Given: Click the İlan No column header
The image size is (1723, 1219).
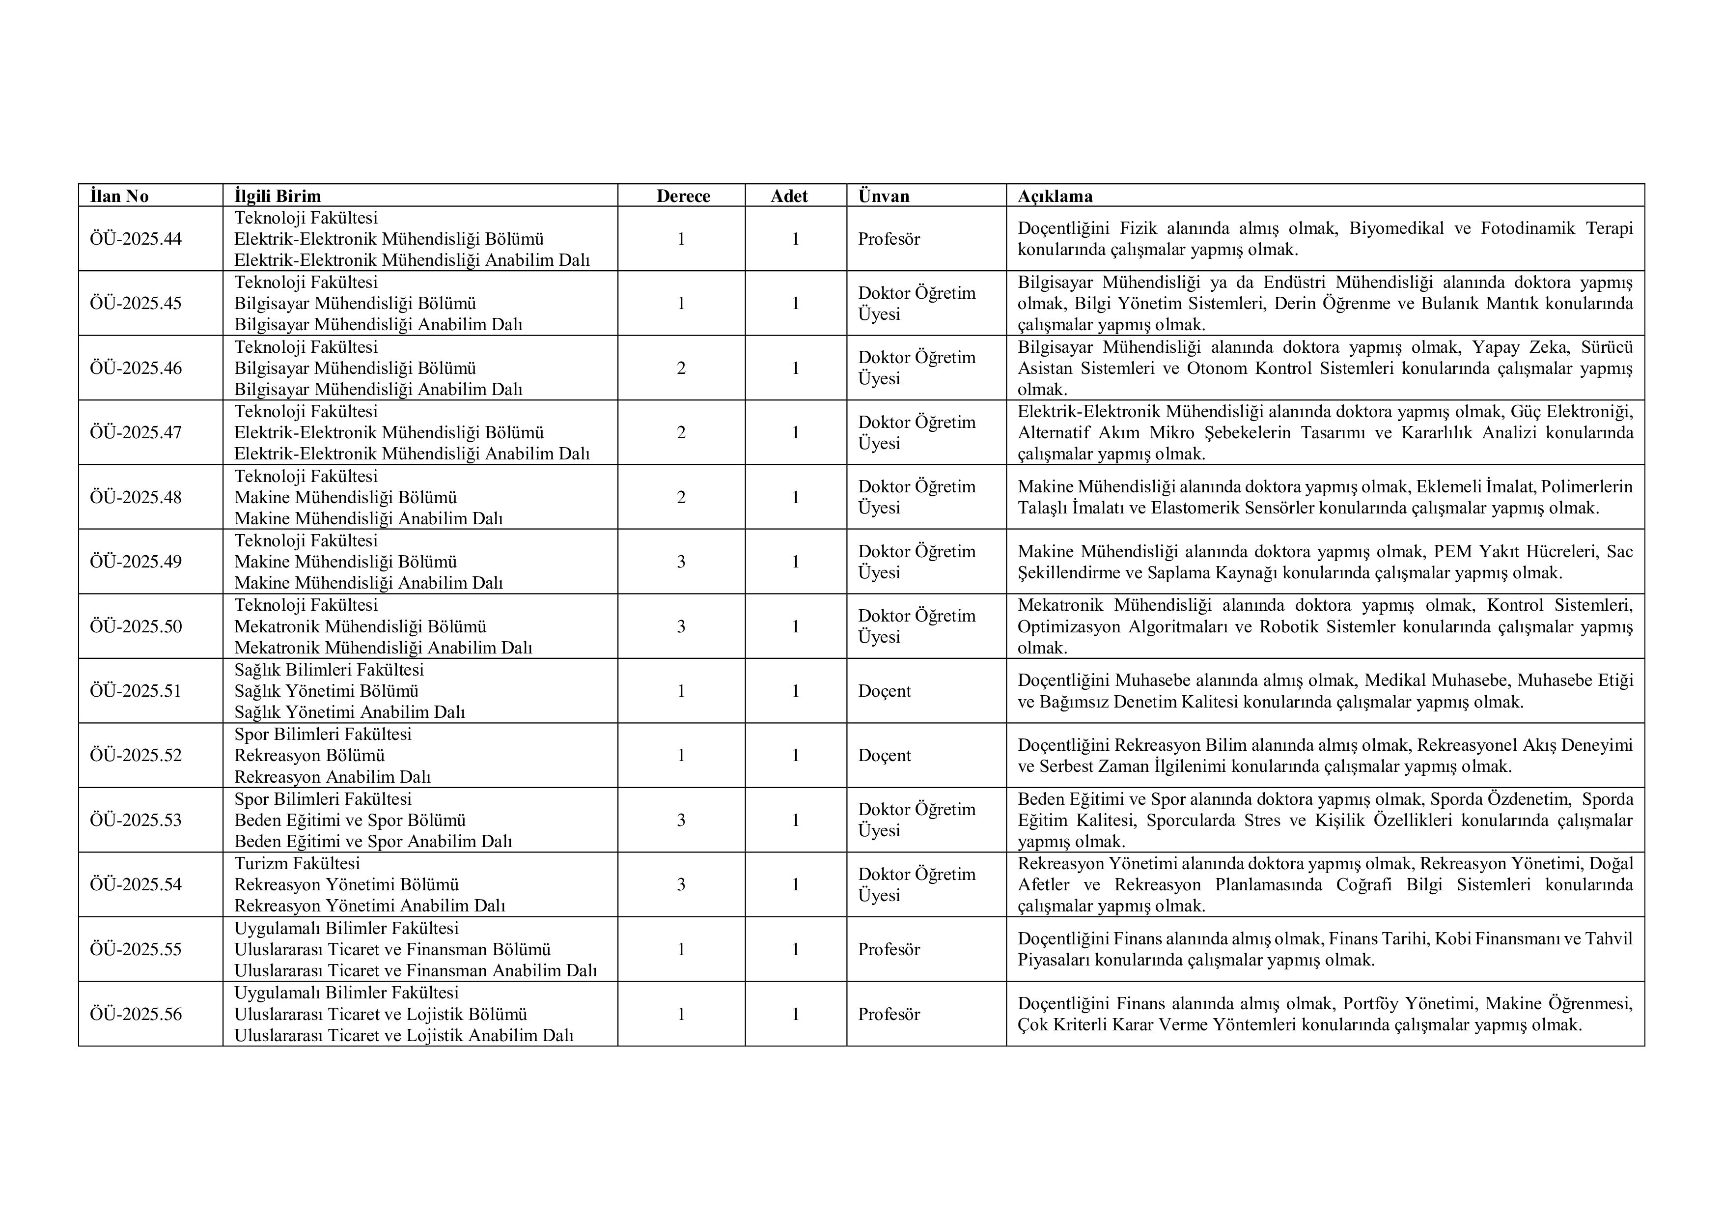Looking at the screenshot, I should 119,196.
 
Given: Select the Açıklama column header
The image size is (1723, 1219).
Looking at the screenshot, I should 1055,196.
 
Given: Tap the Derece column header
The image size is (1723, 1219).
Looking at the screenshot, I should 683,196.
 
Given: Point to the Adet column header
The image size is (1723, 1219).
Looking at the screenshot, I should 789,196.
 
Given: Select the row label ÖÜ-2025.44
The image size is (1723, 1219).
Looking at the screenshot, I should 136,239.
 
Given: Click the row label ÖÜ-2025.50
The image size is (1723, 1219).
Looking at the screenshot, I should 136,626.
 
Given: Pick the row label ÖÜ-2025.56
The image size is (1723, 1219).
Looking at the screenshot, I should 136,1013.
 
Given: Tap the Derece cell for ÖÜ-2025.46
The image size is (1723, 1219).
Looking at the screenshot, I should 681,368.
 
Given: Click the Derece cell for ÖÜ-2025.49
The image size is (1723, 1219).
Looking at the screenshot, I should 681,562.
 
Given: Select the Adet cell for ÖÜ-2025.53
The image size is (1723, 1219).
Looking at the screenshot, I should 796,820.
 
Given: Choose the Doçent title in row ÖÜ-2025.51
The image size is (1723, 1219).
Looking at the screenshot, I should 884,690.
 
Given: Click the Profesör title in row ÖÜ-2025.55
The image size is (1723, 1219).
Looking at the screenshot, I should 889,949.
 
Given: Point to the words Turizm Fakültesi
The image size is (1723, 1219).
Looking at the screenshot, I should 297,863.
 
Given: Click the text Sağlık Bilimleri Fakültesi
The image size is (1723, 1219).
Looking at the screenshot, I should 329,670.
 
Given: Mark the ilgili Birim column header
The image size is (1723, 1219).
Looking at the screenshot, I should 278,196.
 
